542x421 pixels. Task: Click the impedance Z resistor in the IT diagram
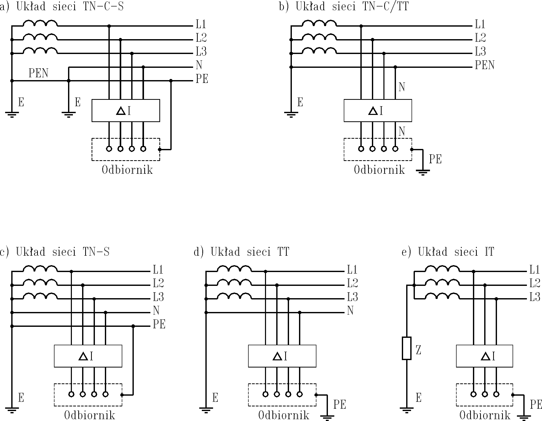pos(406,348)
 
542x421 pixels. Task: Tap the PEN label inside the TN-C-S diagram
pos(38,73)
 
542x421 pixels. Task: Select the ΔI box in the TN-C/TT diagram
pos(378,111)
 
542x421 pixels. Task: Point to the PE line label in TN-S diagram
pos(159,325)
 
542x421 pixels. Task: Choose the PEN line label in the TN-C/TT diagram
pos(484,65)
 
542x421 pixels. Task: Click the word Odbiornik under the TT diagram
pos(283,415)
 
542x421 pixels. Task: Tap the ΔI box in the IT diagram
pos(484,356)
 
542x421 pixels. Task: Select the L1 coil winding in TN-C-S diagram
pos(40,23)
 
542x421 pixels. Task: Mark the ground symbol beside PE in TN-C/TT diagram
pos(423,172)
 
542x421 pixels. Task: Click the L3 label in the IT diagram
pos(535,297)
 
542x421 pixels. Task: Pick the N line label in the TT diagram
pos(350,311)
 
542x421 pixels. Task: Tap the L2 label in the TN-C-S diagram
pos(201,38)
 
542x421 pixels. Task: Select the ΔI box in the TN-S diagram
pos(88,356)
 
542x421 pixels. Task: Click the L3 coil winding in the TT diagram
pos(234,296)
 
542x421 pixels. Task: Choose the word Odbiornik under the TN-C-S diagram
pos(127,170)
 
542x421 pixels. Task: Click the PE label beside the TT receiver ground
pos(340,405)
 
